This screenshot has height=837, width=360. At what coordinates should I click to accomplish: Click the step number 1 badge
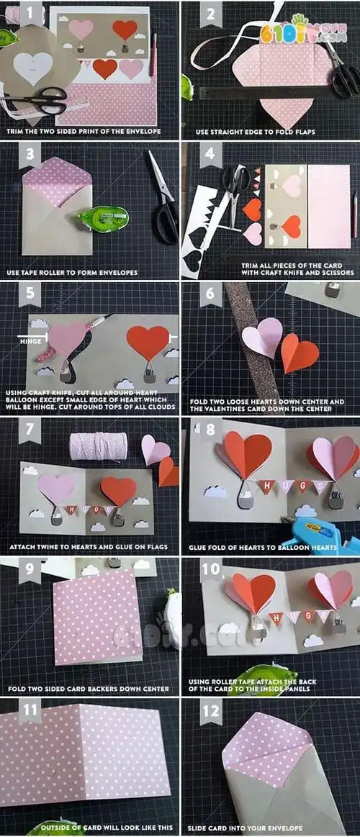[x=30, y=12]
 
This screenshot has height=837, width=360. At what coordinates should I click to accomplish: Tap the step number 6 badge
[x=210, y=294]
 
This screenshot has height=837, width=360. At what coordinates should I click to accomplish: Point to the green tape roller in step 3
[x=103, y=218]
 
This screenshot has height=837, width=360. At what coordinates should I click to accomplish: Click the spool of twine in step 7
[x=98, y=447]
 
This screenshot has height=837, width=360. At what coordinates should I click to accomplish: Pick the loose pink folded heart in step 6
[x=261, y=337]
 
